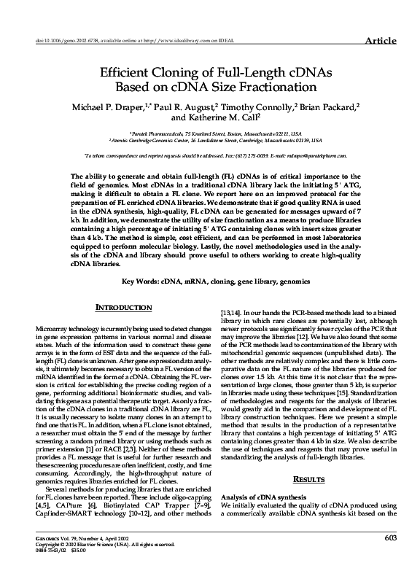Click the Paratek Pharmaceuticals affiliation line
pos(214,135)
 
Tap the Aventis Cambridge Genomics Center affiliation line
pos(214,141)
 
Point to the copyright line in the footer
pos(102,543)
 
